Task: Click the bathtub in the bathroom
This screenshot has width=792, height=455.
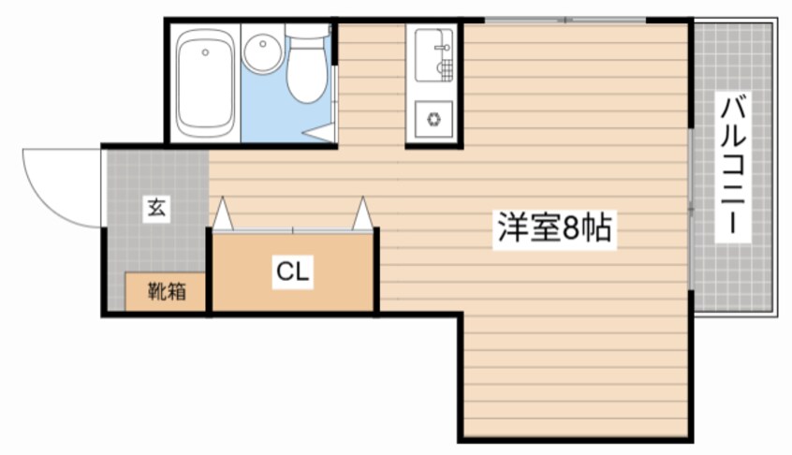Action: pyautogui.click(x=205, y=82)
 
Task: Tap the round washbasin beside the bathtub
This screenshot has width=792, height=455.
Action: pyautogui.click(x=262, y=53)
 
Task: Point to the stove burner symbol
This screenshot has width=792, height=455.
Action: pyautogui.click(x=434, y=119)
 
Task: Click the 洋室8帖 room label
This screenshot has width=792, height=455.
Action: pyautogui.click(x=554, y=228)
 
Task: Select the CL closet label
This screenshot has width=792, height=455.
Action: pyautogui.click(x=292, y=273)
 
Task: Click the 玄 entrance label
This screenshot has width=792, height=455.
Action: pyautogui.click(x=155, y=209)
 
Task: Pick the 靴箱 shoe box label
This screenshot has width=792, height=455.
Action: pyautogui.click(x=167, y=291)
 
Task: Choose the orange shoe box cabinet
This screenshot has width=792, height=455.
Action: pyautogui.click(x=167, y=291)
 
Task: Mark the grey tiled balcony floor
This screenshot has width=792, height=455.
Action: pyautogui.click(x=749, y=272)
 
